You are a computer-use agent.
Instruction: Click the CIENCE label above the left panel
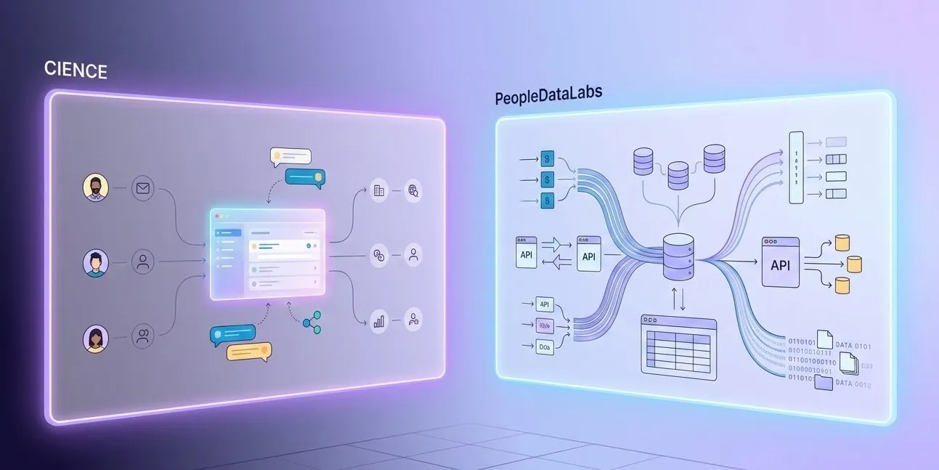76,70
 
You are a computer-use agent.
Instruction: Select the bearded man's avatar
95,187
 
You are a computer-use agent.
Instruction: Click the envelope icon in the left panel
143,190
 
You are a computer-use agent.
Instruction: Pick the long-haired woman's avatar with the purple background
95,339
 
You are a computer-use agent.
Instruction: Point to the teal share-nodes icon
312,323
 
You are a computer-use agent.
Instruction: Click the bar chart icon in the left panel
378,320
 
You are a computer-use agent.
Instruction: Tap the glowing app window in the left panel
267,254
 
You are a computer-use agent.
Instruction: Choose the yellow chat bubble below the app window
248,352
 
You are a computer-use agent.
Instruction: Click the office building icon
378,190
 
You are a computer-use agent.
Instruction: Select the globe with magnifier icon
414,191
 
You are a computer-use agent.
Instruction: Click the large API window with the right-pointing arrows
780,263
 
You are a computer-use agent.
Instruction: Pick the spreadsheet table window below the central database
678,347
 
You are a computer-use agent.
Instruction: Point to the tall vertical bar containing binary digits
796,167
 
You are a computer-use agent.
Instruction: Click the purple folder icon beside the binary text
824,382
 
